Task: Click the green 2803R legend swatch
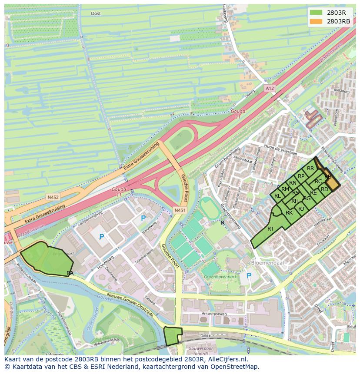coord(316,13)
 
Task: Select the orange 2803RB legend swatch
coord(316,21)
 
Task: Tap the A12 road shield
coord(270,89)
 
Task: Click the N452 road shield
coord(53,197)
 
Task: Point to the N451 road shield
coord(180,210)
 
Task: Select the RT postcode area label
coord(270,229)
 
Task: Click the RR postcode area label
coord(310,169)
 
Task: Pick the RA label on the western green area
coord(70,273)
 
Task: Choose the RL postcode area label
coord(277,196)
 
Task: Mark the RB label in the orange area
coord(328,177)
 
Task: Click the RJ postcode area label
coord(301,209)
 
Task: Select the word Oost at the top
coord(96,13)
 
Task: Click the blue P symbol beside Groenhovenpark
coord(249,276)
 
